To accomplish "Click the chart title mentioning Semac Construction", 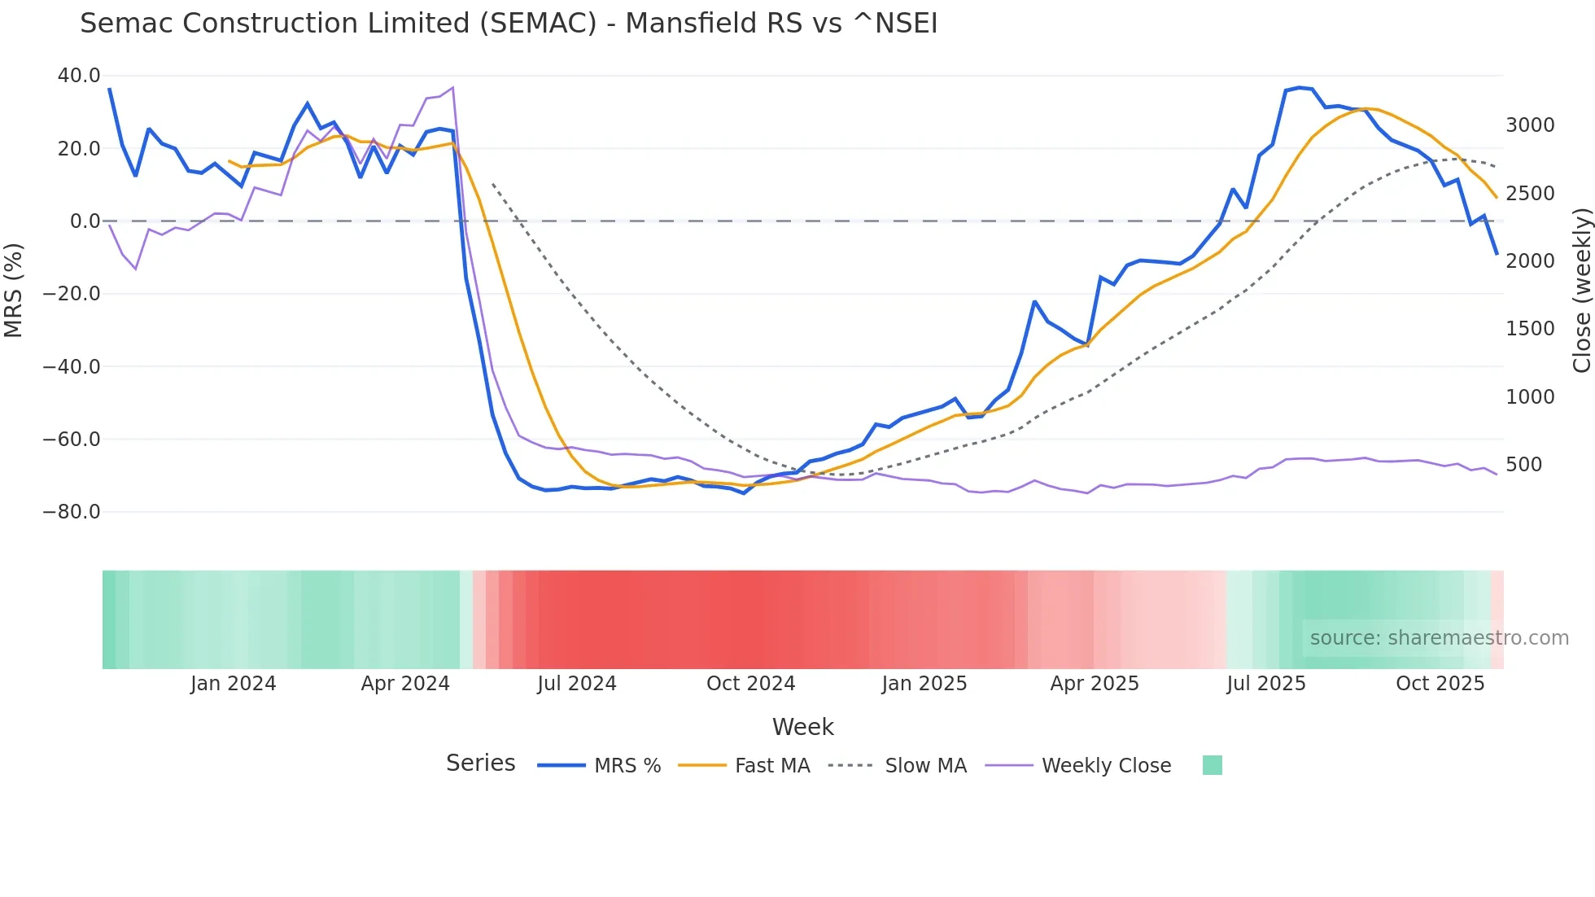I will pyautogui.click(x=509, y=24).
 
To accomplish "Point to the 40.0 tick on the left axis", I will pyautogui.click(x=79, y=76).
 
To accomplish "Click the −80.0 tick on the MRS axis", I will pyautogui.click(x=72, y=512).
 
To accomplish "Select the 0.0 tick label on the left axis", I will pyautogui.click(x=85, y=221).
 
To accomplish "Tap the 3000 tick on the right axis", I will pyautogui.click(x=1530, y=125).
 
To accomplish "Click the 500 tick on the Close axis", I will pyautogui.click(x=1523, y=465).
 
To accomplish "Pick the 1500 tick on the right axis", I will pyautogui.click(x=1530, y=329).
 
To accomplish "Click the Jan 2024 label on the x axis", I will pyautogui.click(x=234, y=684).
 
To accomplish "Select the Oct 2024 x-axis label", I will pyautogui.click(x=750, y=684).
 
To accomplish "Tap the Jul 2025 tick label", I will pyautogui.click(x=1265, y=684).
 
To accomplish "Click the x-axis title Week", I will pyautogui.click(x=802, y=727).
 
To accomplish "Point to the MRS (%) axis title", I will pyautogui.click(x=14, y=291).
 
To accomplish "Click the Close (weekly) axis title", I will pyautogui.click(x=1581, y=291).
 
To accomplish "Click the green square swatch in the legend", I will pyautogui.click(x=1212, y=765).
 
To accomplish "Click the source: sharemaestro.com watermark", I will pyautogui.click(x=1439, y=638).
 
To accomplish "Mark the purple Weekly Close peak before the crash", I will pyautogui.click(x=452, y=88).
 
